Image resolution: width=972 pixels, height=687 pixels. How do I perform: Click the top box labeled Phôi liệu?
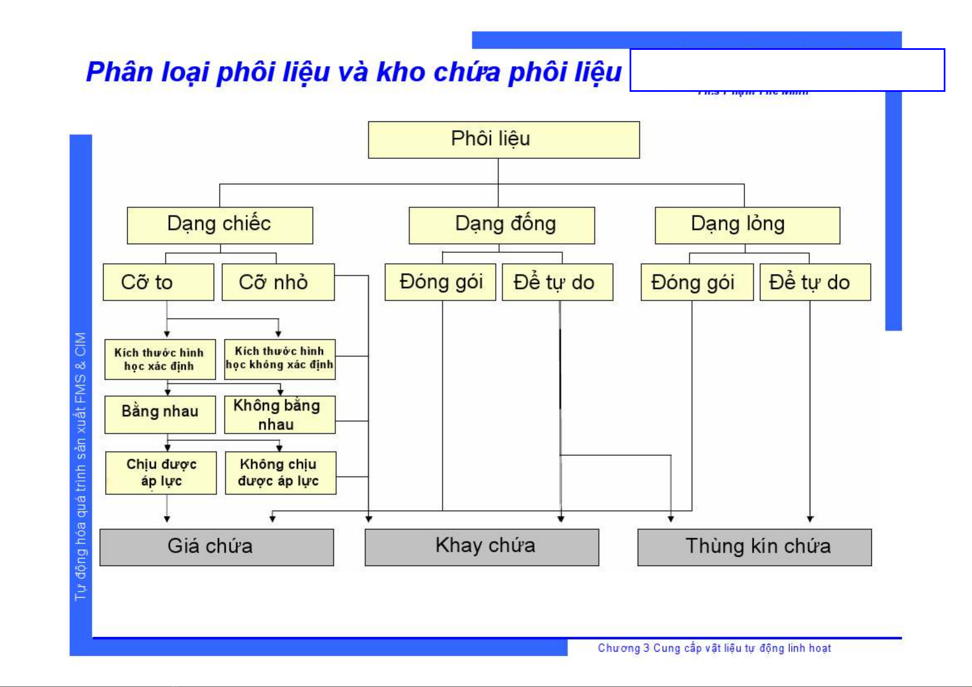tap(503, 140)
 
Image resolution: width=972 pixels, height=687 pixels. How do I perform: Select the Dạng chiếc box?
tap(220, 225)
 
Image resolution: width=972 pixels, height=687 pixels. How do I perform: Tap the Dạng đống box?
tap(501, 225)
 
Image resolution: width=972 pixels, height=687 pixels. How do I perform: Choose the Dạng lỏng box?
tap(747, 225)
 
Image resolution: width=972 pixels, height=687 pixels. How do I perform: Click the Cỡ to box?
tap(158, 282)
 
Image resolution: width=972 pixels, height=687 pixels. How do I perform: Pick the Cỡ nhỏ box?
tap(278, 282)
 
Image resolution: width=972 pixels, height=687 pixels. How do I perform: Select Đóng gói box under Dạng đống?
tap(440, 282)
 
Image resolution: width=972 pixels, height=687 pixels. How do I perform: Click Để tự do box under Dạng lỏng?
tap(815, 282)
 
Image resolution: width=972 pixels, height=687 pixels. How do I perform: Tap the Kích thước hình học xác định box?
tap(160, 360)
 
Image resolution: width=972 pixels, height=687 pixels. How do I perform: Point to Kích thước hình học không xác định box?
tap(279, 359)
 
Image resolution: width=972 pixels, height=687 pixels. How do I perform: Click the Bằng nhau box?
tap(160, 414)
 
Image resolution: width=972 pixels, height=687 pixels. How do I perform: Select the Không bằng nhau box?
tap(279, 414)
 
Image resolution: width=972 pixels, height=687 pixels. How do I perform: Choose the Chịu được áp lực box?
tap(161, 473)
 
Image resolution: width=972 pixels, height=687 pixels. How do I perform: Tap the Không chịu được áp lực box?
tap(280, 473)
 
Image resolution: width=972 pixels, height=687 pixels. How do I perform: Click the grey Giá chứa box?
tap(217, 547)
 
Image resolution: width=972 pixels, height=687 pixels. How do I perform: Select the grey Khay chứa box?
tap(481, 547)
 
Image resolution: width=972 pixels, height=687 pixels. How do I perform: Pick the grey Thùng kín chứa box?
tap(754, 547)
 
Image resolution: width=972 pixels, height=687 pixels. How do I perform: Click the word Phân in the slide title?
tap(119, 72)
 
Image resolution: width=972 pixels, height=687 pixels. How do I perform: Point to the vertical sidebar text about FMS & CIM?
tap(81, 465)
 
